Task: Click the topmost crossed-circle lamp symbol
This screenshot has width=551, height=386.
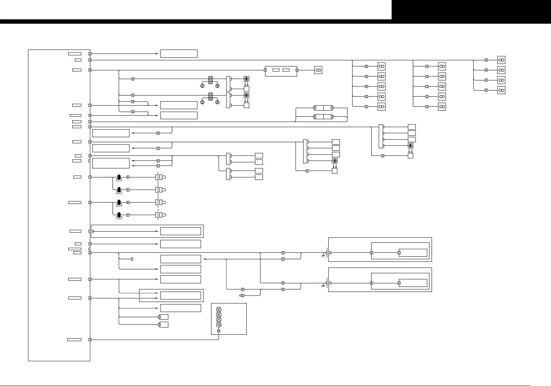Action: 219,310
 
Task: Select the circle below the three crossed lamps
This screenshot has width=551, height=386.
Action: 219,325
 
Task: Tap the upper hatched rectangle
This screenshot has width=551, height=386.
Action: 211,80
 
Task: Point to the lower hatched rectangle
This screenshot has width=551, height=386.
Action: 211,97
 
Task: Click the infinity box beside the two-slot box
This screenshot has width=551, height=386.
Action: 318,70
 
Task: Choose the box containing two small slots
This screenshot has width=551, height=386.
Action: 281,71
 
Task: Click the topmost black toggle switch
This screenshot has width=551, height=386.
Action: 119,177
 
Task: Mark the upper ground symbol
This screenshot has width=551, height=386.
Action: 323,255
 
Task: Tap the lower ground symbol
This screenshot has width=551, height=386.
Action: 323,285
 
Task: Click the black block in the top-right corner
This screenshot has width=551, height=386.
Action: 471,10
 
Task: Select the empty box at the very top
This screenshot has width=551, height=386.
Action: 179,54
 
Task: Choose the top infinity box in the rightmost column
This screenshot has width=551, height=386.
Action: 501,60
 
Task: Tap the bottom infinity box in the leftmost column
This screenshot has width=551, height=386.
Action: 382,107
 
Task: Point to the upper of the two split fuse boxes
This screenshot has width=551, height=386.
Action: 323,107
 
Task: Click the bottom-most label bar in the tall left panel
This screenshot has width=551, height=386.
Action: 74,340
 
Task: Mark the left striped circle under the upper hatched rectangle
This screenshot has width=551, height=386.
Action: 202,86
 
